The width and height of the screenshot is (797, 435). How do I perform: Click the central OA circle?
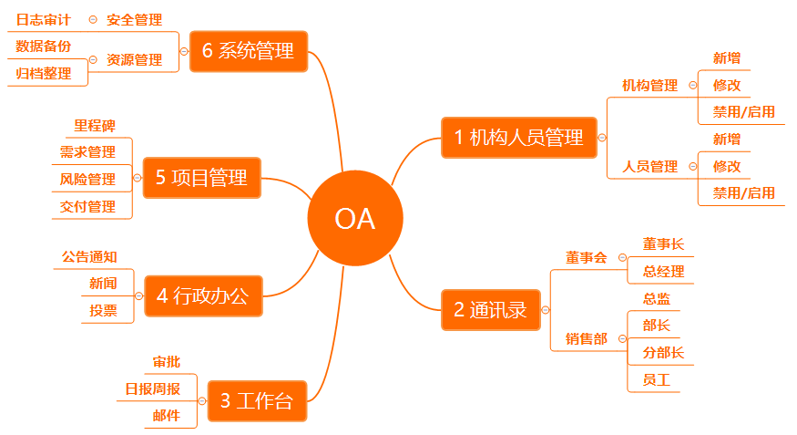point(355,218)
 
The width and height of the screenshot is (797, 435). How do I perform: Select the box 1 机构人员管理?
point(519,138)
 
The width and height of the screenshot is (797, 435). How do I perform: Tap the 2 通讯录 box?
point(491,310)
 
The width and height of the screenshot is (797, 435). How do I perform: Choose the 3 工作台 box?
point(257,401)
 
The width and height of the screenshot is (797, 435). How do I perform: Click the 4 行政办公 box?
point(203,296)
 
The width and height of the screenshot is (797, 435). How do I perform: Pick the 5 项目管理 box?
point(202,178)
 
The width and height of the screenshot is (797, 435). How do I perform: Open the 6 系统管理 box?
point(249,51)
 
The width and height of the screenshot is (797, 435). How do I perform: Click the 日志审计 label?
point(43,20)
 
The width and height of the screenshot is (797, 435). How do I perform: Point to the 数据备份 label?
point(43,47)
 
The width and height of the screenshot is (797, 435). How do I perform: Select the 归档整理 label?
point(44,73)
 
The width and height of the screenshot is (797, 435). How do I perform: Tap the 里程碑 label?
point(95,126)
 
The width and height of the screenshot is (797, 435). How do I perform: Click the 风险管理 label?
point(87,179)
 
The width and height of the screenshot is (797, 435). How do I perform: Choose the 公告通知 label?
point(89,257)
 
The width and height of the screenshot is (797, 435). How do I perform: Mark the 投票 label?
point(103,310)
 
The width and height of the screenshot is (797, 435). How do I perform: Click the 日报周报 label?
point(152,388)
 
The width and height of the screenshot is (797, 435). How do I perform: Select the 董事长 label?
point(663,244)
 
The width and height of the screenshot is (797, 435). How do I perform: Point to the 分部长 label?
point(663,353)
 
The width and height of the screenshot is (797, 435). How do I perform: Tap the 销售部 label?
point(587,339)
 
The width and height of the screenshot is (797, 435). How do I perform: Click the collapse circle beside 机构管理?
point(693,85)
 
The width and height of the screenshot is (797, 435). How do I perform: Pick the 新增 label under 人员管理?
point(727,139)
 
